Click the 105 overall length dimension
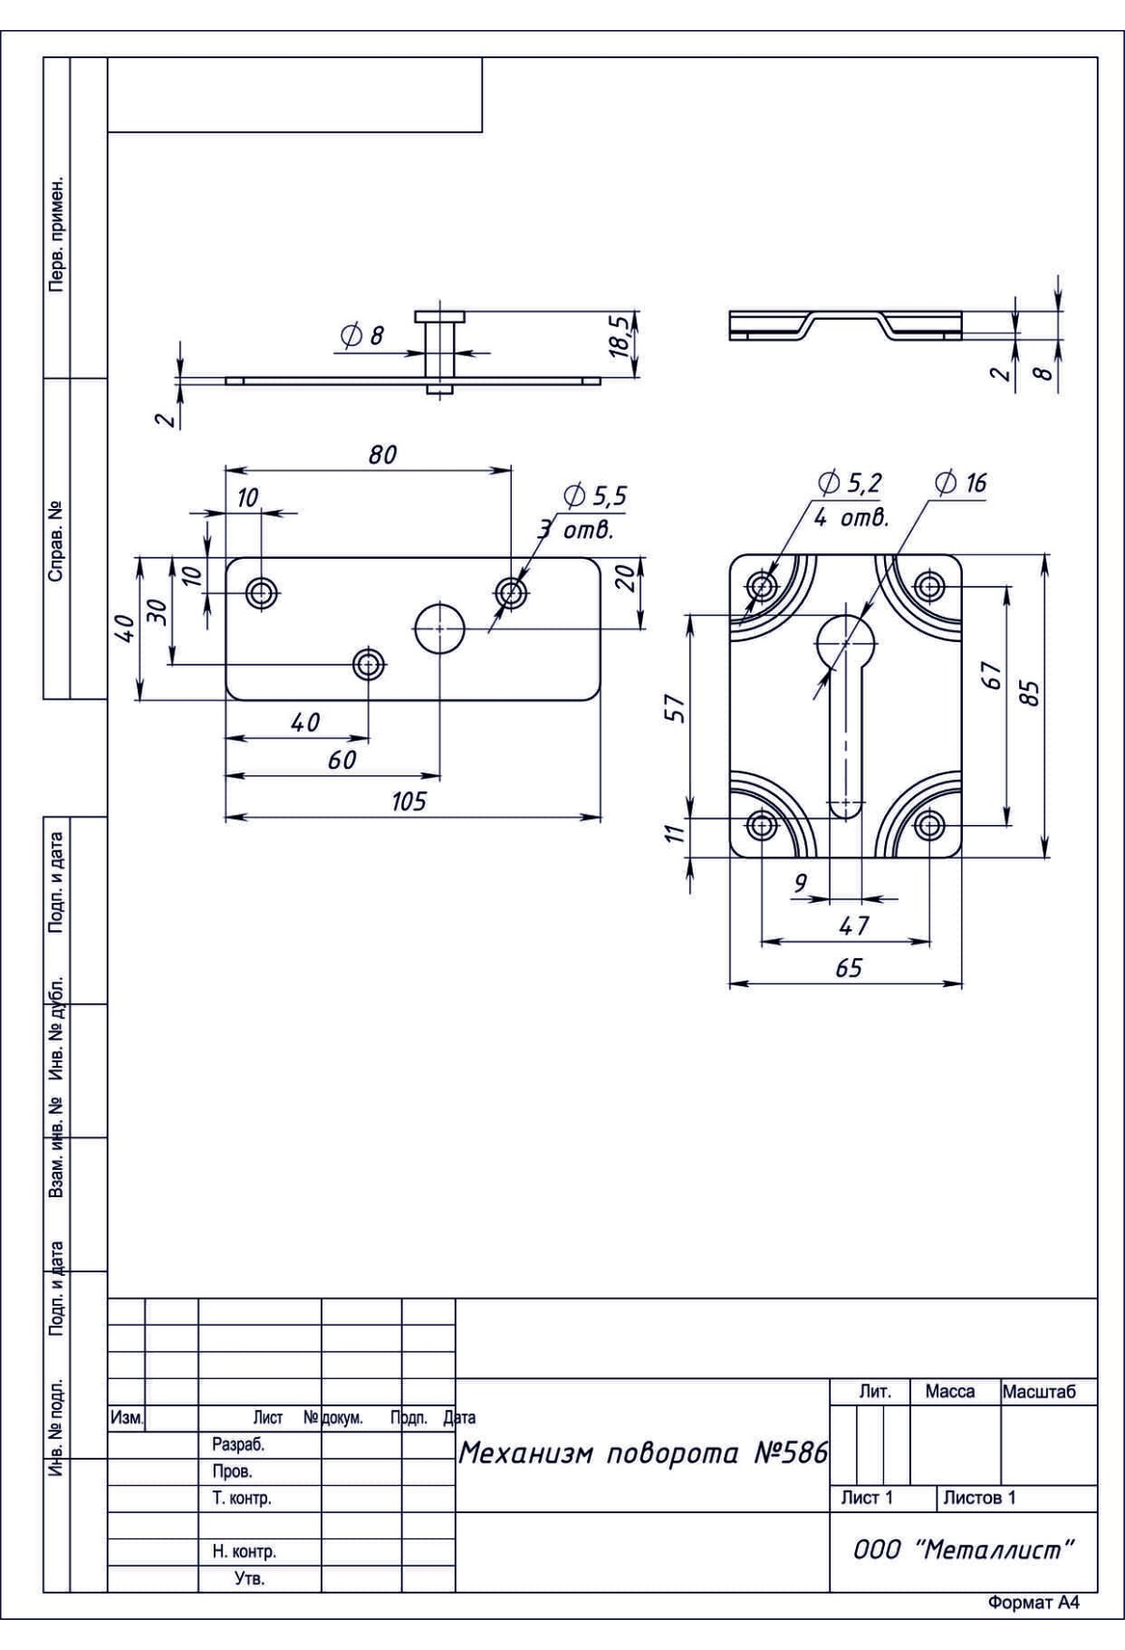coord(409,802)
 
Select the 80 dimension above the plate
coord(382,455)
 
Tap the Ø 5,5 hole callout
coord(595,497)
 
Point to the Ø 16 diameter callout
coord(961,483)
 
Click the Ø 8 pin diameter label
coord(363,336)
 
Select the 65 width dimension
coord(848,967)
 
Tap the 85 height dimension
coord(1029,694)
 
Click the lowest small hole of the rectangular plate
coord(369,665)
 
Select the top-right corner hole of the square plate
coord(930,588)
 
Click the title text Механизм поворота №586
coord(643,1453)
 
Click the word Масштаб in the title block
coord(1039,1392)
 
